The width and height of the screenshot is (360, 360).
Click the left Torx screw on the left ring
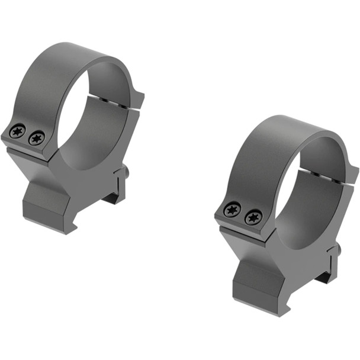coord(18,131)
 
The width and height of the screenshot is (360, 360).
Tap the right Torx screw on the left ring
coord(37,138)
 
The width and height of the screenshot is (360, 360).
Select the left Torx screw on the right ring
coord(233,210)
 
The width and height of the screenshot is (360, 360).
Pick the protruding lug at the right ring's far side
coord(353,176)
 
